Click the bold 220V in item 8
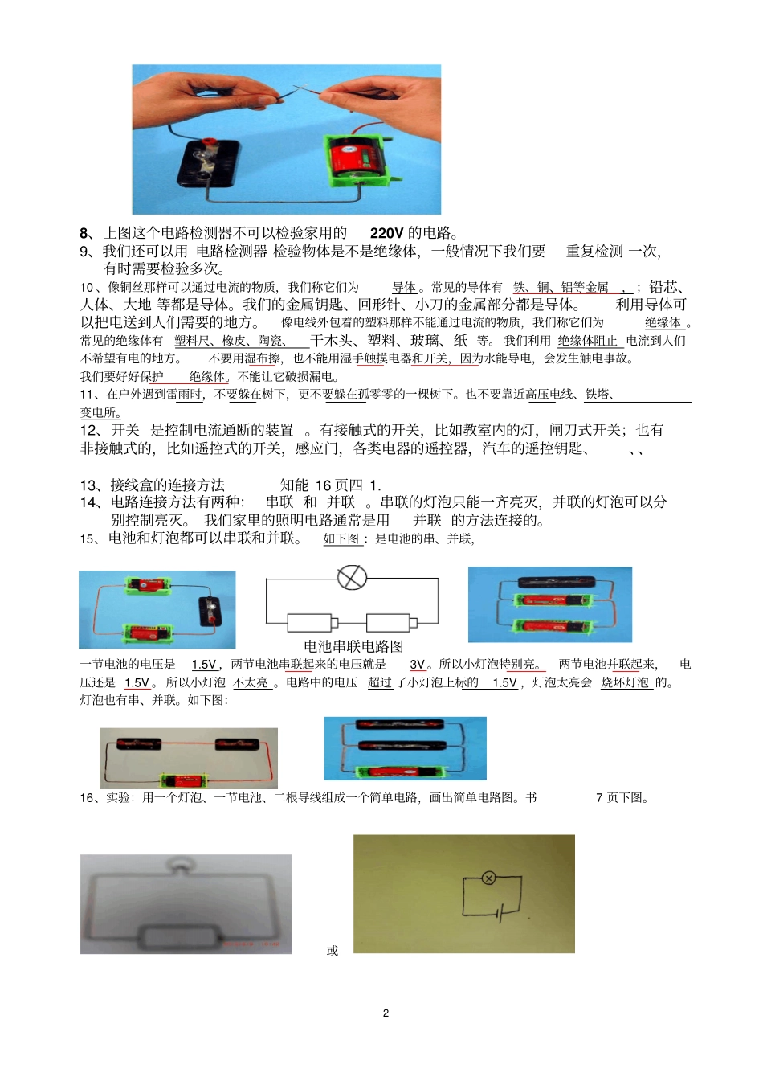pyautogui.click(x=386, y=233)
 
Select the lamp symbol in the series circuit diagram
pyautogui.click(x=352, y=577)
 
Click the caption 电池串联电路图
pyautogui.click(x=353, y=646)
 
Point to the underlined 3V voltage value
pyautogui.click(x=418, y=665)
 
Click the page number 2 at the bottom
pyautogui.click(x=386, y=1013)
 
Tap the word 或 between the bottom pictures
pyautogui.click(x=333, y=951)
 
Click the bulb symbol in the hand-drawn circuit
pyautogui.click(x=488, y=878)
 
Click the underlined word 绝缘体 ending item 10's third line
pyautogui.click(x=663, y=322)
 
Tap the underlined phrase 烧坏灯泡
pyautogui.click(x=625, y=682)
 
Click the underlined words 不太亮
pyautogui.click(x=251, y=682)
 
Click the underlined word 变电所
pyautogui.click(x=100, y=412)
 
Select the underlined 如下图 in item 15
pyautogui.click(x=341, y=538)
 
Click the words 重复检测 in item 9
pyautogui.click(x=594, y=252)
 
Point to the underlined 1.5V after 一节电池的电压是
pyautogui.click(x=204, y=665)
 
